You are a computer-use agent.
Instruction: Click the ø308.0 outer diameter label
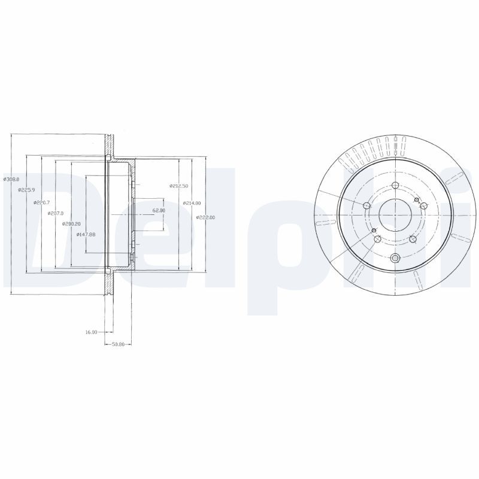[x=12, y=178]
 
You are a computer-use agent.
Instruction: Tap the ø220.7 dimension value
[x=41, y=202]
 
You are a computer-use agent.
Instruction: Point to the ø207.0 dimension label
[x=56, y=213]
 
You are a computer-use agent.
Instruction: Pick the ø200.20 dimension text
[x=71, y=224]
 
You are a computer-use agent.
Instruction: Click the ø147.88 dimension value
[x=86, y=234]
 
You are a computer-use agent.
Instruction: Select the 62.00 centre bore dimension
[x=158, y=211]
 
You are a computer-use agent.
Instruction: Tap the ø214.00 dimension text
[x=192, y=203]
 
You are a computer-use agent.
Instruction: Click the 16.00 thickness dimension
[x=91, y=331]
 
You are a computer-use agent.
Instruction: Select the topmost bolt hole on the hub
[x=395, y=184]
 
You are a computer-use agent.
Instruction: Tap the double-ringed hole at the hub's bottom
[x=395, y=259]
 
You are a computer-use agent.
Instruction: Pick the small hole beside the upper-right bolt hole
[x=416, y=200]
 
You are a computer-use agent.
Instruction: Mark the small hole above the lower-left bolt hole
[x=373, y=231]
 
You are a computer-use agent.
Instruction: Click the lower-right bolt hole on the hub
[x=413, y=239]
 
